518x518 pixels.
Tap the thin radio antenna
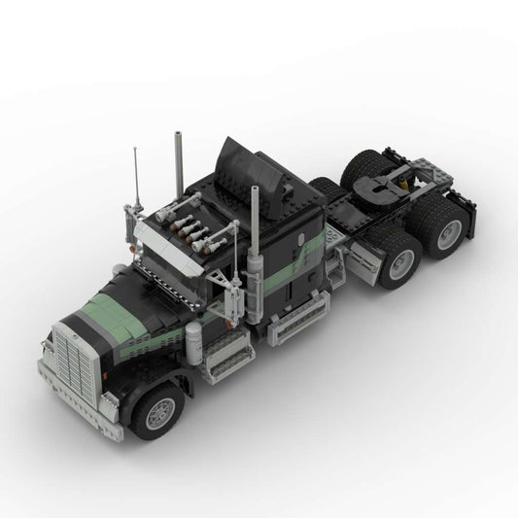tap(136, 184)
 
